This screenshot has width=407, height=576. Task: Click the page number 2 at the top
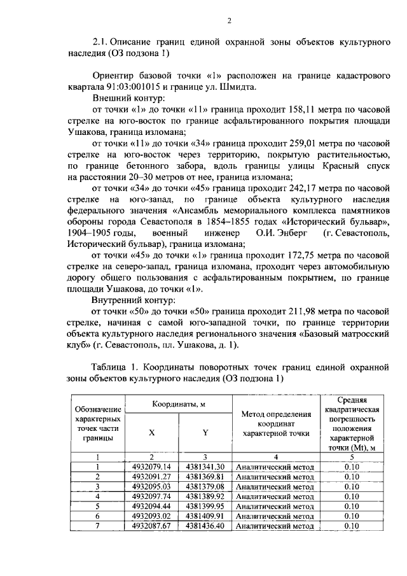click(x=229, y=22)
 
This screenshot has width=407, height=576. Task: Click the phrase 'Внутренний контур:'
click(x=135, y=300)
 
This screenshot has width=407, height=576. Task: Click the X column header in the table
click(x=152, y=433)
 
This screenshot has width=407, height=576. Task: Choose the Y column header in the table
click(x=205, y=433)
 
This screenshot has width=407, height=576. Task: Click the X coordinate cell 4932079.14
click(x=152, y=467)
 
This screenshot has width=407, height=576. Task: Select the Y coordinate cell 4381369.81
click(x=205, y=477)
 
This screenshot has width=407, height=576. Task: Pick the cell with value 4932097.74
click(x=152, y=496)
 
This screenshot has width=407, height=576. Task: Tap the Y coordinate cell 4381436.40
click(x=205, y=526)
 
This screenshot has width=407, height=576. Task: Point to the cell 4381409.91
click(x=205, y=516)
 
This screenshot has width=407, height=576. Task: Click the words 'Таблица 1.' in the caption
click(x=114, y=367)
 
